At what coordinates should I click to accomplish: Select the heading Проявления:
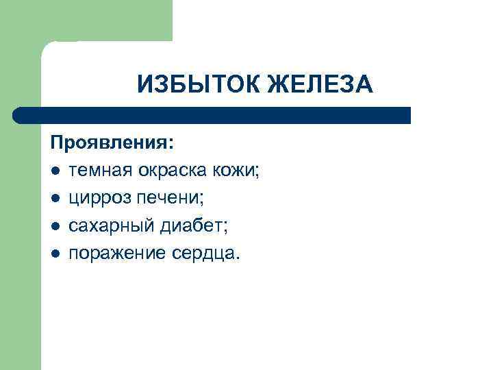click(x=112, y=143)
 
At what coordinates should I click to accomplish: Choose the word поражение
click(x=115, y=253)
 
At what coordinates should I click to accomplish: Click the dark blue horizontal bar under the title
click(x=212, y=114)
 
